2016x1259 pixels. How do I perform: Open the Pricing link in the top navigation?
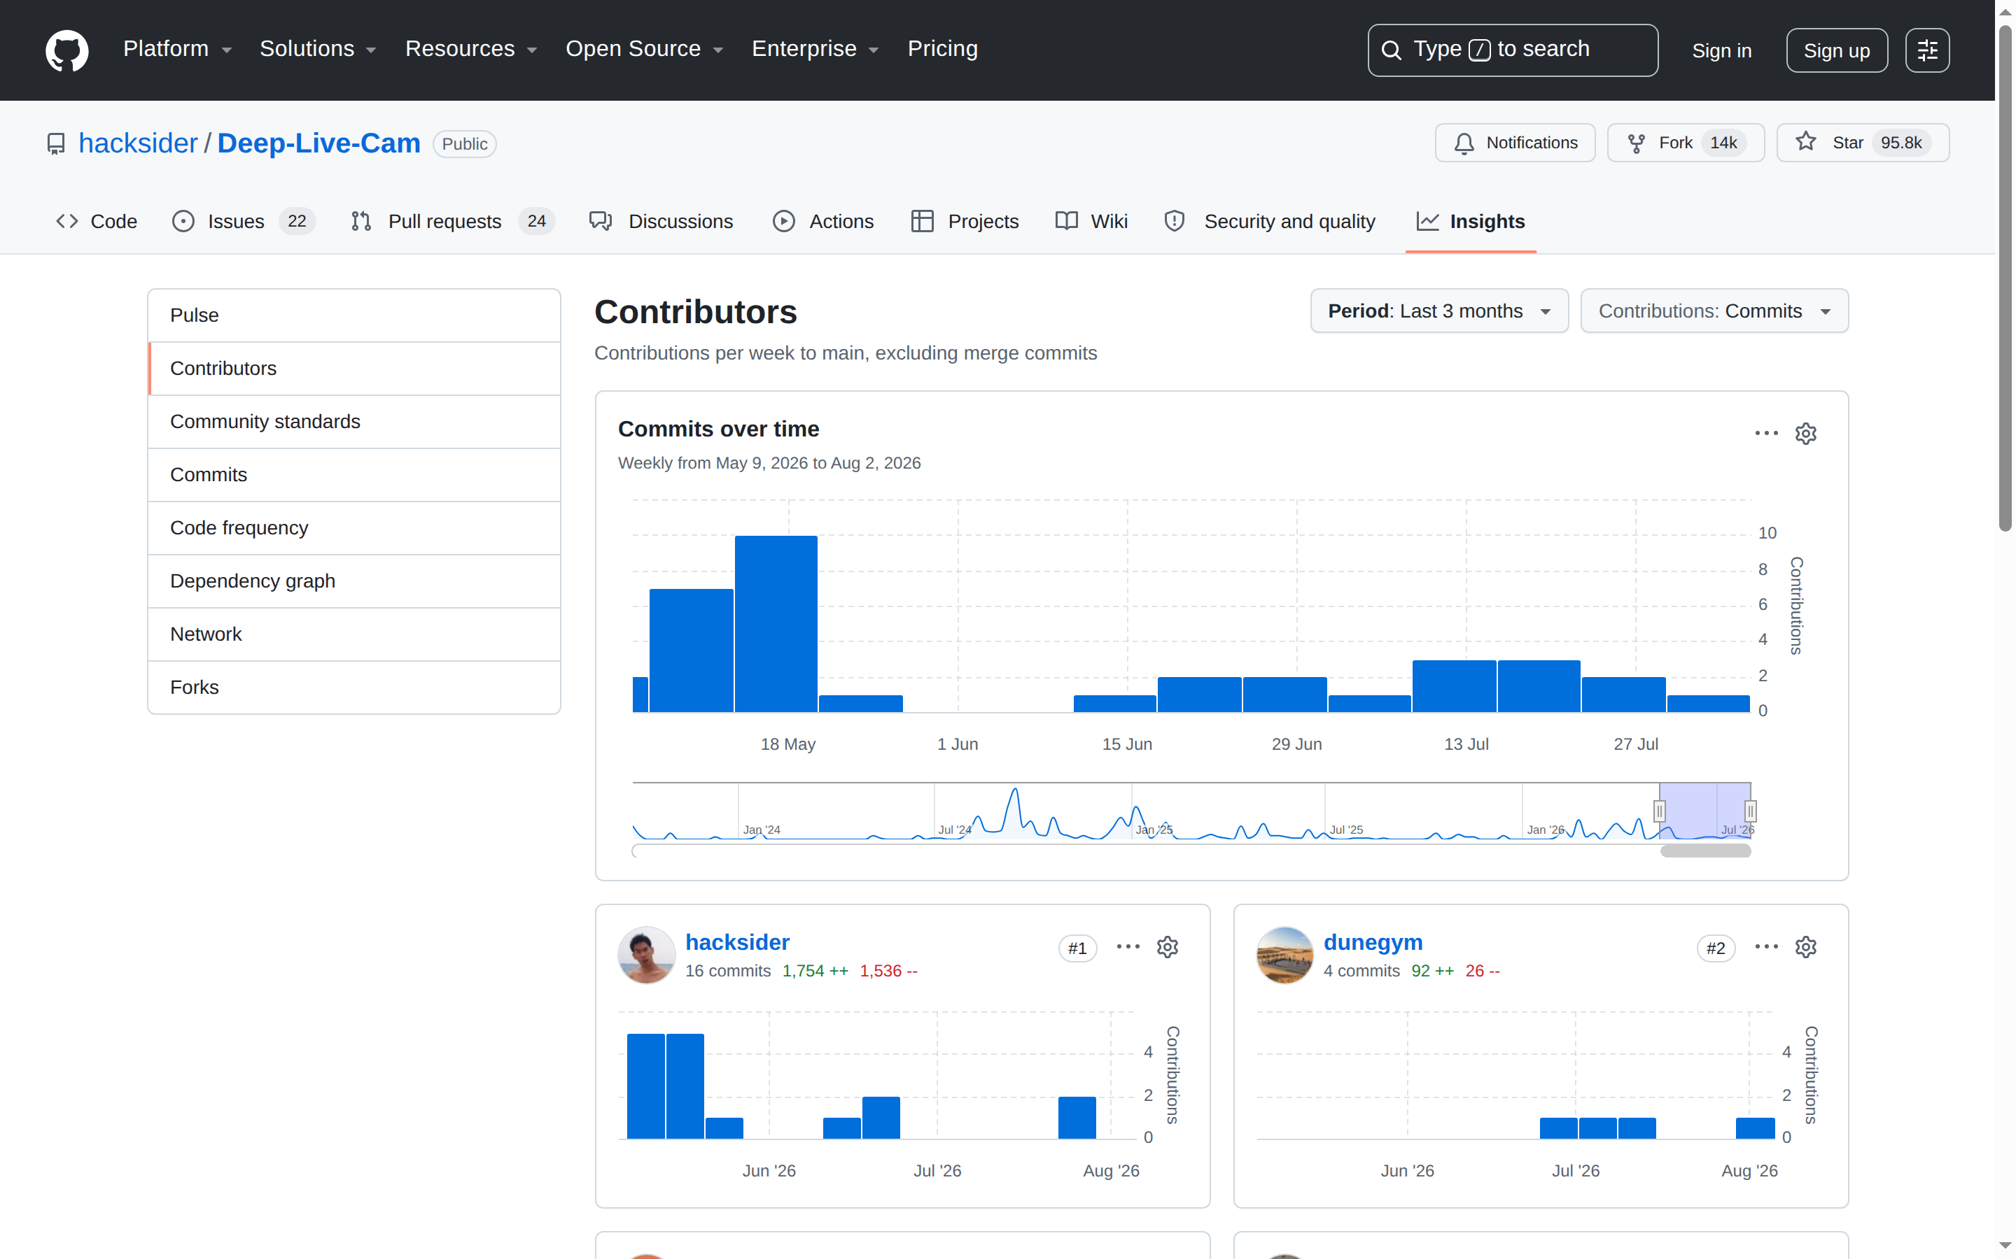[x=942, y=49]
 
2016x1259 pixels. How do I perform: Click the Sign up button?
[x=1836, y=51]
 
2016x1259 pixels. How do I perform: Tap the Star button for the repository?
[x=1863, y=143]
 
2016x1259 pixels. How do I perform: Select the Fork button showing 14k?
[x=1686, y=143]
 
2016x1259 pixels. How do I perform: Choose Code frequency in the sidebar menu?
[x=239, y=528]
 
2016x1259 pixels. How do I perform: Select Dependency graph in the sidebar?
[x=253, y=581]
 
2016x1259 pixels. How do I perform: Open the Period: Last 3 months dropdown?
[x=1438, y=311]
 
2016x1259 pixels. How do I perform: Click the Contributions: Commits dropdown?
[x=1714, y=311]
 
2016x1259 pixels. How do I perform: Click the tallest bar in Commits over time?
[x=776, y=624]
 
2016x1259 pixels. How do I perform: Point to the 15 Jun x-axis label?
[x=1127, y=744]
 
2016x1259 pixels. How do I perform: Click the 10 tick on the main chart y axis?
[x=1767, y=533]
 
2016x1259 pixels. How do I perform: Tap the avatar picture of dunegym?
[x=1284, y=955]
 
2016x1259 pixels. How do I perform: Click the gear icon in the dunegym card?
[x=1805, y=948]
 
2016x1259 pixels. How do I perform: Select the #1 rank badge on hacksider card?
[x=1077, y=948]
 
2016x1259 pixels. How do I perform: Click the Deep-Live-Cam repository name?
[x=319, y=143]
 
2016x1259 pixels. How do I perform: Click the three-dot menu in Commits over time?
[x=1766, y=433]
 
